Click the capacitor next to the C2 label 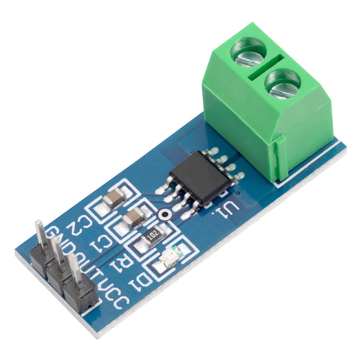coord(113,198)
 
